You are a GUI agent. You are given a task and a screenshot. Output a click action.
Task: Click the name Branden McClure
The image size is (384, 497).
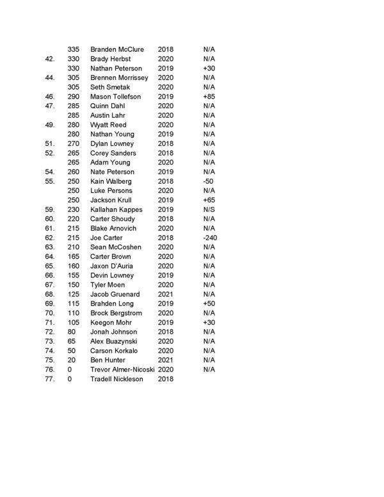[117, 49]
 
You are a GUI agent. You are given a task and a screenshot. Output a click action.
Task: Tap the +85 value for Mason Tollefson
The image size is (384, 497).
[209, 96]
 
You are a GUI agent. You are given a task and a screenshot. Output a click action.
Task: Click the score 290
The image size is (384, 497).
[74, 96]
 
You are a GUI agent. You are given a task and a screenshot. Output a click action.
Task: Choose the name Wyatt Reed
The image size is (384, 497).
[109, 125]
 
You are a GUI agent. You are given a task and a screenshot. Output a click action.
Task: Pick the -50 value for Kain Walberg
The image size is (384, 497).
[208, 181]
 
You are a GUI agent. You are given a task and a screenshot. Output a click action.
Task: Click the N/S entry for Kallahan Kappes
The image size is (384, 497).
[209, 209]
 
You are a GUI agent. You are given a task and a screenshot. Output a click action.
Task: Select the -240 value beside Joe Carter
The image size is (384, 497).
[209, 238]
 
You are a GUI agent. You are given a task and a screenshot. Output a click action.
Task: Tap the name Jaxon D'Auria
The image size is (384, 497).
[113, 266]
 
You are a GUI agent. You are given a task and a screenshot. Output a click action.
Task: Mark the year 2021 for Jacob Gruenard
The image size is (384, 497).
[166, 294]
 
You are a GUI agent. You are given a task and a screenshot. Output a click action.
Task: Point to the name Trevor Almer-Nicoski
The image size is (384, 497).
[122, 370]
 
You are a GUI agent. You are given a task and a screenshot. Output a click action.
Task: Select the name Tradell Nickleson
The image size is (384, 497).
[118, 379]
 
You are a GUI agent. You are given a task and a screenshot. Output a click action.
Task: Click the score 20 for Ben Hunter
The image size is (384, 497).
[72, 360]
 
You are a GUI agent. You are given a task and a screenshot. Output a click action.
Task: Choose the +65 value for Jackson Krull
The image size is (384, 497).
[209, 200]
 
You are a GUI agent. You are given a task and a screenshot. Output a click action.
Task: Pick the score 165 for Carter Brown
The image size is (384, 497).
[74, 256]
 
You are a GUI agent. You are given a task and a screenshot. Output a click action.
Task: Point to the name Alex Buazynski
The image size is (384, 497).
[113, 341]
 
